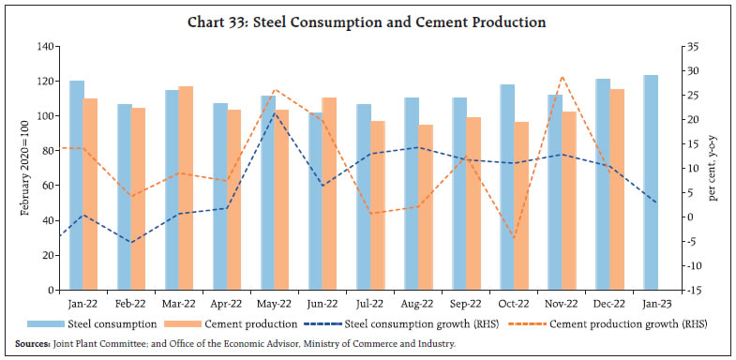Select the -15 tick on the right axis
click(688, 291)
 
